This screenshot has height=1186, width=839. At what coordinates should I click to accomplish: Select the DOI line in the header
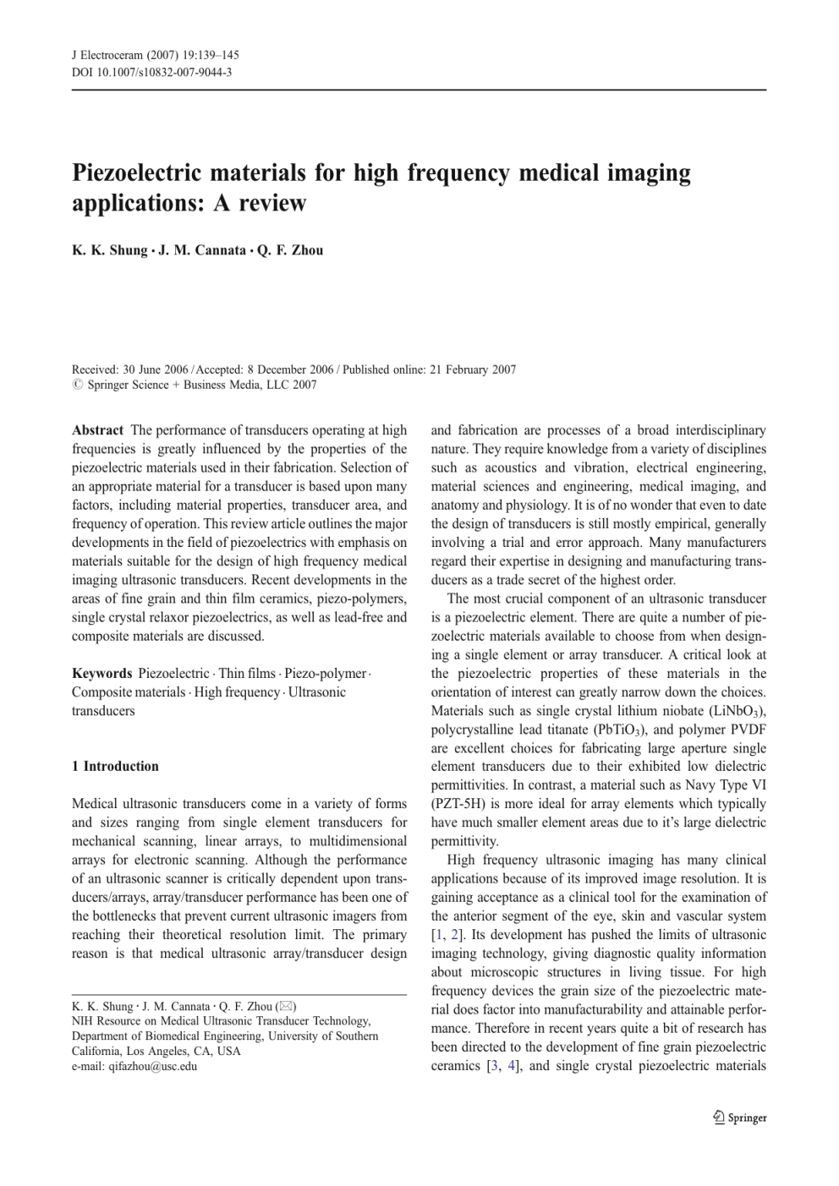click(x=151, y=73)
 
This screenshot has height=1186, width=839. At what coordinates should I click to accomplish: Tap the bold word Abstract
click(x=97, y=430)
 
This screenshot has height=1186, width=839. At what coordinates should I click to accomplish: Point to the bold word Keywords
click(x=101, y=674)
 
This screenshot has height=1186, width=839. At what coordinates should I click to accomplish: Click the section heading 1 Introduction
click(x=115, y=767)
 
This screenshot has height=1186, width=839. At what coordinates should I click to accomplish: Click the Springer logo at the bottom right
click(x=740, y=1118)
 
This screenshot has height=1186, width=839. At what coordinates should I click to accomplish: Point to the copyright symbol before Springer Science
click(x=77, y=385)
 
